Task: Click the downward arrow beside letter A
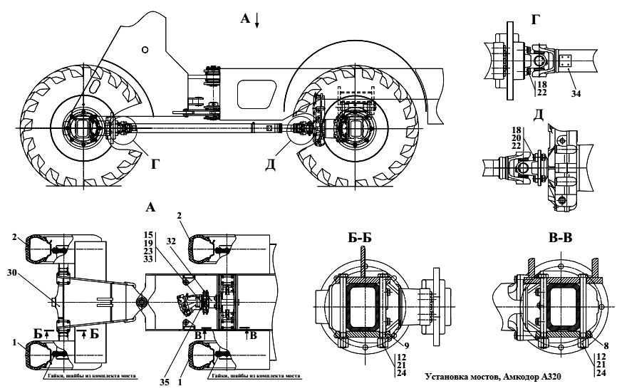click(257, 22)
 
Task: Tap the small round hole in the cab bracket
click(145, 49)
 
